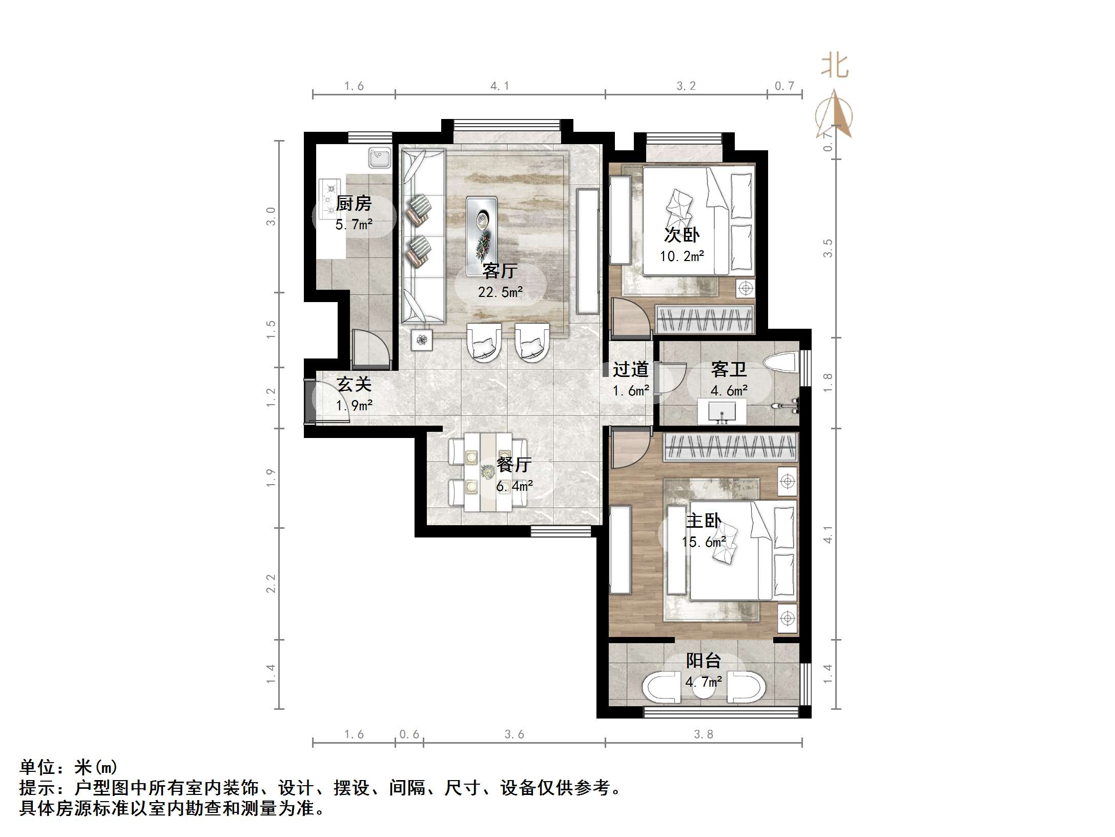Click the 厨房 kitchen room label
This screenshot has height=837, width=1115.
click(x=354, y=204)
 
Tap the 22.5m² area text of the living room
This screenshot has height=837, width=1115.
click(x=500, y=292)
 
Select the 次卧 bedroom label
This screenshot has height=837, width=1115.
click(x=682, y=235)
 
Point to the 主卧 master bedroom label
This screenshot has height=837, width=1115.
click(x=704, y=521)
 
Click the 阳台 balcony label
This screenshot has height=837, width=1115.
click(x=704, y=661)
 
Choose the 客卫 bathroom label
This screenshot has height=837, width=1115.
click(x=729, y=369)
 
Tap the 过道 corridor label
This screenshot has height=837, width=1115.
click(x=631, y=369)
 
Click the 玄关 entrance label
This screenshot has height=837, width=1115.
click(x=354, y=384)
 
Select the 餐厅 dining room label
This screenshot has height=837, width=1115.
click(x=514, y=465)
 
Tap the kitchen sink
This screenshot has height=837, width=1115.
click(x=380, y=158)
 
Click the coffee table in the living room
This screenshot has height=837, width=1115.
click(x=482, y=235)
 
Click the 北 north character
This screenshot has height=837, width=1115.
click(x=835, y=66)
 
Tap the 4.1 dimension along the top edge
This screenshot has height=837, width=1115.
click(x=500, y=86)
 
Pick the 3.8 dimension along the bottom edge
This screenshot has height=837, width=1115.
click(x=704, y=734)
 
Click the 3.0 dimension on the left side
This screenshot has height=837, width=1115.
click(x=271, y=216)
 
